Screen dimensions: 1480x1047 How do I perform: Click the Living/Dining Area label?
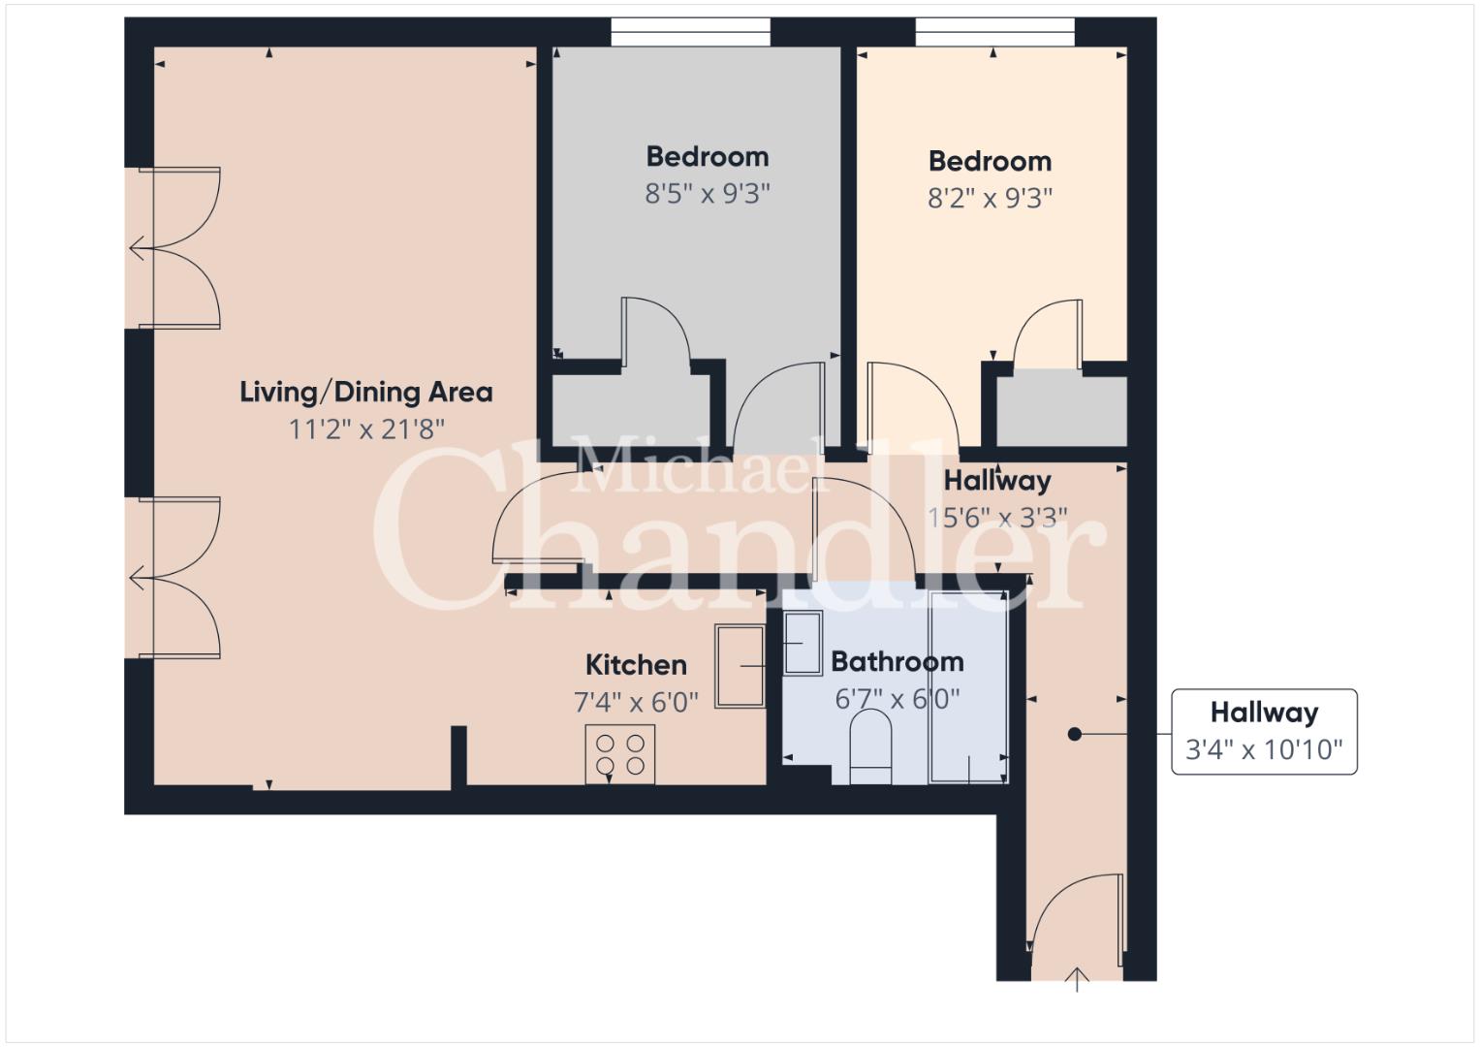point(366,393)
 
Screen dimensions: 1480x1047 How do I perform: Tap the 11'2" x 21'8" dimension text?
point(366,429)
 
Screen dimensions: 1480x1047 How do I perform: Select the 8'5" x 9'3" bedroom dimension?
point(708,194)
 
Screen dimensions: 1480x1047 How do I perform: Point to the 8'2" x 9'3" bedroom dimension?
point(990,198)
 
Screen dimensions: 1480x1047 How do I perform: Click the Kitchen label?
point(636,665)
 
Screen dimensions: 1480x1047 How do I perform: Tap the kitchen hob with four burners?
point(619,754)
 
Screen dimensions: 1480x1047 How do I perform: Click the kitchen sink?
point(740,666)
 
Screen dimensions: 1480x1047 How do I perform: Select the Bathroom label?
point(897,661)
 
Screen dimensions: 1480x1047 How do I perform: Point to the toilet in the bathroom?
point(870,746)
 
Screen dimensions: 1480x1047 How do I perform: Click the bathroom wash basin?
point(803,643)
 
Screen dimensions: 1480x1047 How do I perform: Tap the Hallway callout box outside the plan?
point(1264,731)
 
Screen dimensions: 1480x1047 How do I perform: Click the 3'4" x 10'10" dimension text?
point(1264,749)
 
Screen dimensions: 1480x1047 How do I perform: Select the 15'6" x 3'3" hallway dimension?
point(997,518)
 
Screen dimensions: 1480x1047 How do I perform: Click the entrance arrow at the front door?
point(1077,979)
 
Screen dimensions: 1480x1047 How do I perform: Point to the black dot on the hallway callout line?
point(1074,734)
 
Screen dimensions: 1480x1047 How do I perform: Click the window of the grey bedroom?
point(690,32)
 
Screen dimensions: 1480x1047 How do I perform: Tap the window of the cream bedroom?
point(994,32)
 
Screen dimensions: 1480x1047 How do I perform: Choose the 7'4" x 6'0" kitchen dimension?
point(636,702)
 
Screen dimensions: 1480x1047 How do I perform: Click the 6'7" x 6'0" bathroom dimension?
point(897,699)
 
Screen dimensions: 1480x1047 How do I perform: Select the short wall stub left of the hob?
point(458,756)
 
